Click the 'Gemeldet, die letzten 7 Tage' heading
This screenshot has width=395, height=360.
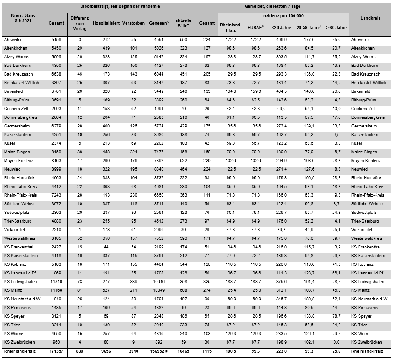[x=271, y=6]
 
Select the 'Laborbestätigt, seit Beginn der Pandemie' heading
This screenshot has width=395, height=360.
[x=120, y=6]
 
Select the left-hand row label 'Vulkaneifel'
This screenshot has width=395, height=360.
[x=15, y=230]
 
